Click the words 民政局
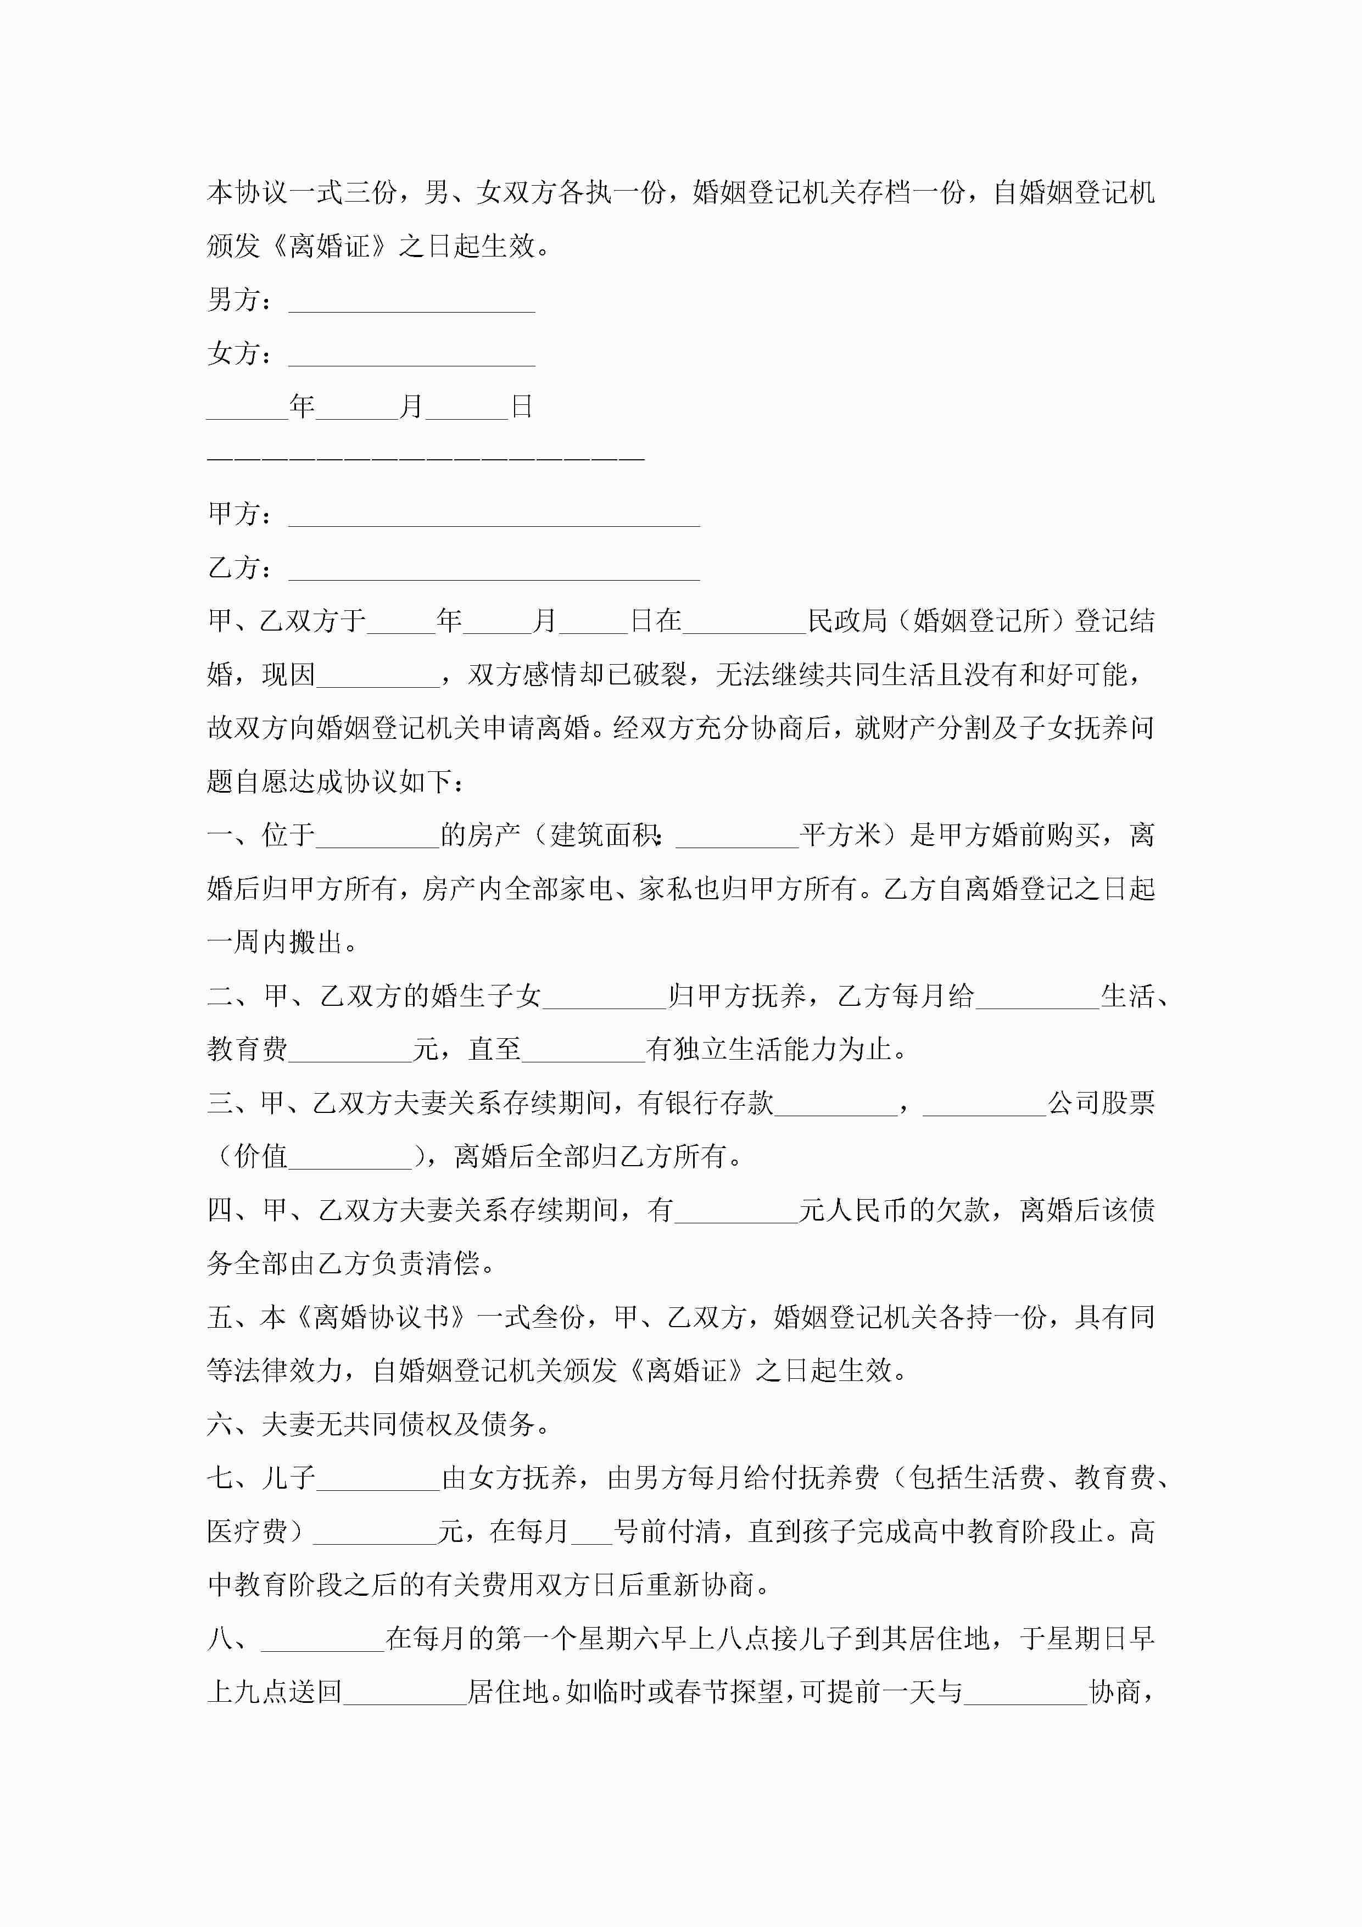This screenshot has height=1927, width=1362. (x=847, y=621)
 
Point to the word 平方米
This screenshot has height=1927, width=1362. (x=839, y=835)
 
